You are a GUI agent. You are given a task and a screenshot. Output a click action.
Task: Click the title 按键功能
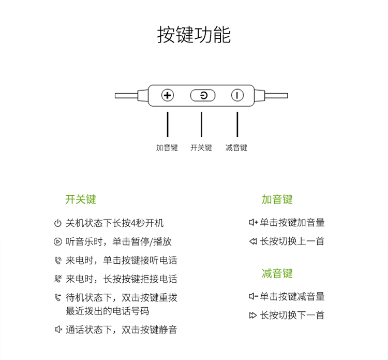[194, 35]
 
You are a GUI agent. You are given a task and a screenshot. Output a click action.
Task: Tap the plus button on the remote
[168, 95]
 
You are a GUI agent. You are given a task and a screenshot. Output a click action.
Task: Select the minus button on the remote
[237, 95]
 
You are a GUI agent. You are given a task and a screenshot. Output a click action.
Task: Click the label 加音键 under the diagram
[167, 148]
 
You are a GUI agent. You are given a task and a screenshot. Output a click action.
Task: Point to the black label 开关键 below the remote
[201, 148]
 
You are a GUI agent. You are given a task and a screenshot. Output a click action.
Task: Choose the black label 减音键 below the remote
[236, 148]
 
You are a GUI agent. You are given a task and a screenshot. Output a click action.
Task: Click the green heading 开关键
[81, 199]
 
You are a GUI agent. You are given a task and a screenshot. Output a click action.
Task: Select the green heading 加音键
[277, 199]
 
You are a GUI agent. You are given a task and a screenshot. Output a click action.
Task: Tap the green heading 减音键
[277, 273]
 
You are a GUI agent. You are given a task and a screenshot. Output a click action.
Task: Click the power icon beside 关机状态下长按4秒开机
[57, 223]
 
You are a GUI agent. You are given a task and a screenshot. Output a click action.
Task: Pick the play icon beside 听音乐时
[57, 241]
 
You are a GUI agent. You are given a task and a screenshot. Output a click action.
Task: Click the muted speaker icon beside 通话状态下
[58, 329]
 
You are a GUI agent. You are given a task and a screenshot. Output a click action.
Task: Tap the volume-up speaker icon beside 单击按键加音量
[253, 222]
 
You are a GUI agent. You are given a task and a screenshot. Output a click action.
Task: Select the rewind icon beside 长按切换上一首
[253, 241]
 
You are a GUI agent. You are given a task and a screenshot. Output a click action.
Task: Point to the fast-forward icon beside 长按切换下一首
[253, 315]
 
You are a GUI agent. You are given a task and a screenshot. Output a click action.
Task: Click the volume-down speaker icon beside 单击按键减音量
[253, 296]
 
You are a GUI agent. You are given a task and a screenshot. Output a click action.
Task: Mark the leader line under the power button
[201, 124]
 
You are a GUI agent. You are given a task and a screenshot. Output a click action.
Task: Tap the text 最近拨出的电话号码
[108, 311]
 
